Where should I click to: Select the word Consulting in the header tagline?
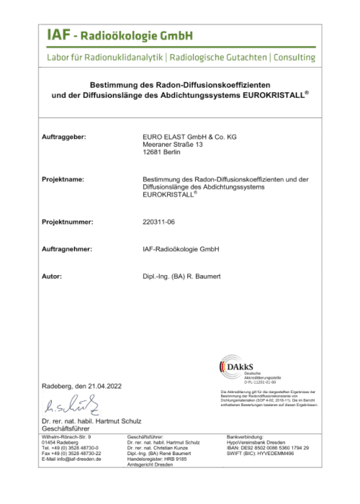(x=293, y=57)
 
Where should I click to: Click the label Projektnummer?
(x=68, y=220)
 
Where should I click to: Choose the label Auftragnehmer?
(x=68, y=248)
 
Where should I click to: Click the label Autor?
(x=53, y=276)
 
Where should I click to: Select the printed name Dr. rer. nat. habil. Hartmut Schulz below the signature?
(x=91, y=421)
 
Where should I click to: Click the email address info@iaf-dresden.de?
(x=72, y=459)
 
